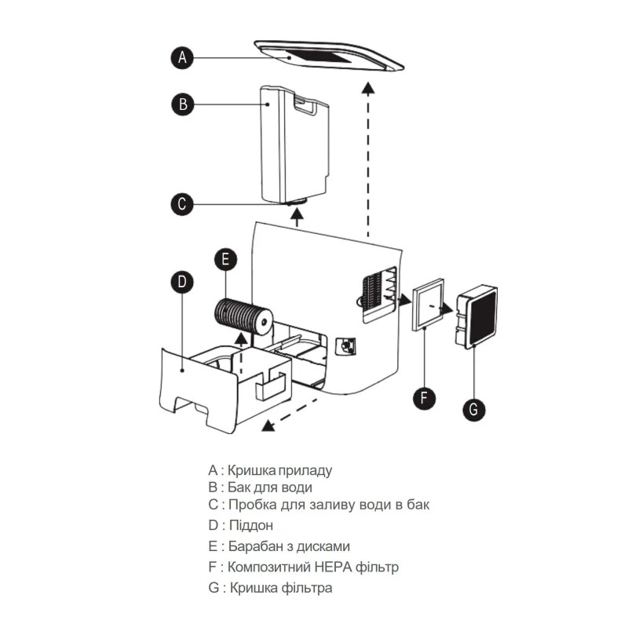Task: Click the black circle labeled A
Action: click(182, 57)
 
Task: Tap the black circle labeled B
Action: click(183, 104)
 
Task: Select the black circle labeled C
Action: click(182, 204)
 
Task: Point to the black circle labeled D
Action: click(182, 282)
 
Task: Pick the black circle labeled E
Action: click(225, 259)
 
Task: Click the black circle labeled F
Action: click(424, 398)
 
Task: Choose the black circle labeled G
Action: click(474, 409)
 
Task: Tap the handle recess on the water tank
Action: click(305, 103)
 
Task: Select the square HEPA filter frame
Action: click(428, 305)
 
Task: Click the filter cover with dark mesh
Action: click(476, 316)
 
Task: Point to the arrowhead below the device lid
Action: click(368, 88)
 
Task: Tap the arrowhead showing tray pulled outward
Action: click(268, 425)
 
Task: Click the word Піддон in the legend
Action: click(251, 525)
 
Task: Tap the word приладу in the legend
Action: click(305, 470)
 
